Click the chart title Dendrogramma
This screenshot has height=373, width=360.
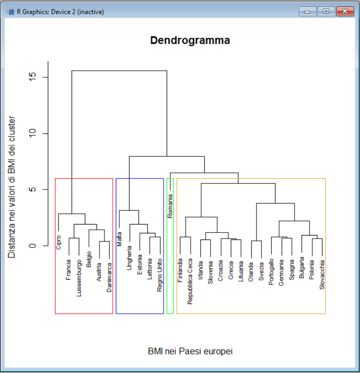click(x=190, y=40)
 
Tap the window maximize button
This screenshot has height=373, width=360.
click(x=326, y=11)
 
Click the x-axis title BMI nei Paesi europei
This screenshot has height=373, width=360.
click(x=190, y=351)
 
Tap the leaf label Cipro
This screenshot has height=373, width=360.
click(x=59, y=242)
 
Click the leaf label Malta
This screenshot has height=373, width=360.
click(x=119, y=239)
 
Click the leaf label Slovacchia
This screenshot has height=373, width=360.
click(x=322, y=274)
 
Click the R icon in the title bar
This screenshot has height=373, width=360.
click(x=11, y=12)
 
